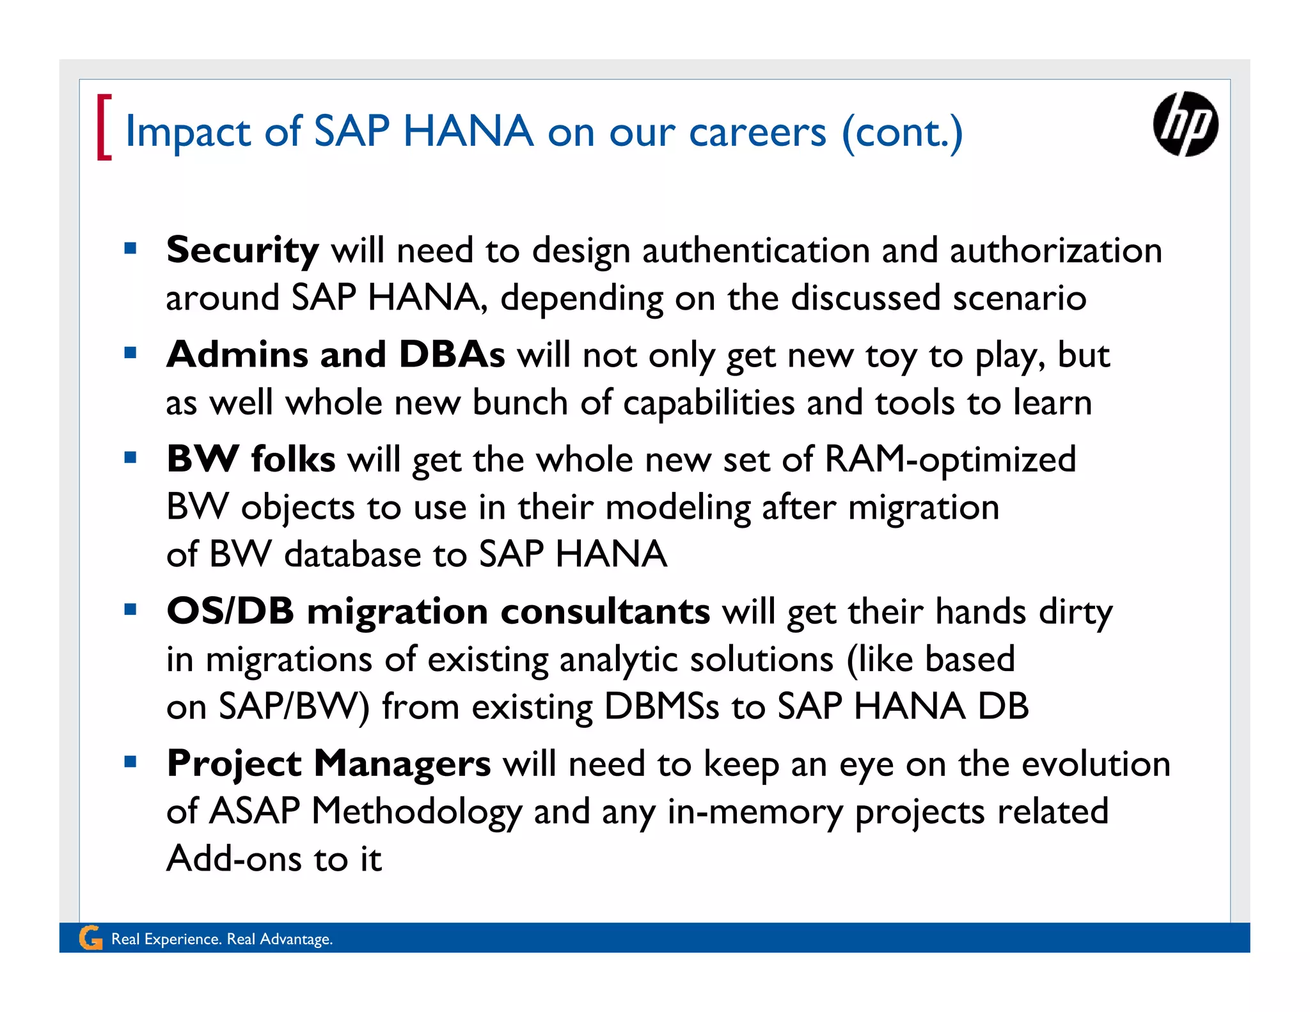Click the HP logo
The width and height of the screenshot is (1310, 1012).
[1185, 124]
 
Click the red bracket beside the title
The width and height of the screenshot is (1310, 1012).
[104, 127]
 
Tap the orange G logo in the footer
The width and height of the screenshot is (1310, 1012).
[90, 938]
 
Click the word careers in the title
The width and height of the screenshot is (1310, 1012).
[757, 132]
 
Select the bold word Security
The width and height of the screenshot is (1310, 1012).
[242, 250]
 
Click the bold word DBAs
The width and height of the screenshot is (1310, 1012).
[452, 354]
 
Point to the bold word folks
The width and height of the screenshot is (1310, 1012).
[293, 459]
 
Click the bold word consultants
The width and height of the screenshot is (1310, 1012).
[605, 611]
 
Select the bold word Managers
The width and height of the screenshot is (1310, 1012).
[402, 764]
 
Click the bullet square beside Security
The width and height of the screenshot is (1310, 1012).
[130, 248]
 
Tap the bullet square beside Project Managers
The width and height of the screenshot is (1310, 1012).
[130, 762]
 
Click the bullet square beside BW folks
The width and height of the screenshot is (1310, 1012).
[130, 457]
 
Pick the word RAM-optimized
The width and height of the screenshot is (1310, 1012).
[951, 460]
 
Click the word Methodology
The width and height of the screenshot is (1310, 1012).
[416, 812]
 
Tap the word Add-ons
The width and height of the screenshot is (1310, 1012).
[234, 858]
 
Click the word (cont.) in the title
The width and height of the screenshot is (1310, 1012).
[902, 132]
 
